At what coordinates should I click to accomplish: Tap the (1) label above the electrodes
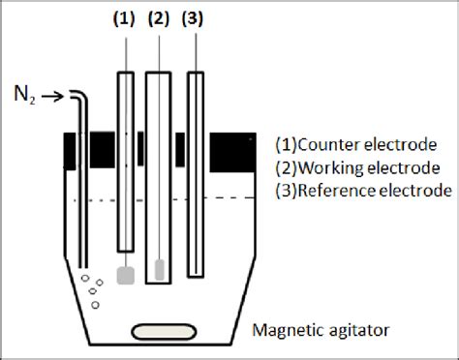[x=123, y=17]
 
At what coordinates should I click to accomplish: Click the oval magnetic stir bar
[x=162, y=332]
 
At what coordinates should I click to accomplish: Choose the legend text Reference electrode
[x=364, y=191]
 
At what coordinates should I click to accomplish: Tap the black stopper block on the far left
[x=70, y=149]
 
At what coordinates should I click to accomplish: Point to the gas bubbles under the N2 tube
[x=91, y=290]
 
